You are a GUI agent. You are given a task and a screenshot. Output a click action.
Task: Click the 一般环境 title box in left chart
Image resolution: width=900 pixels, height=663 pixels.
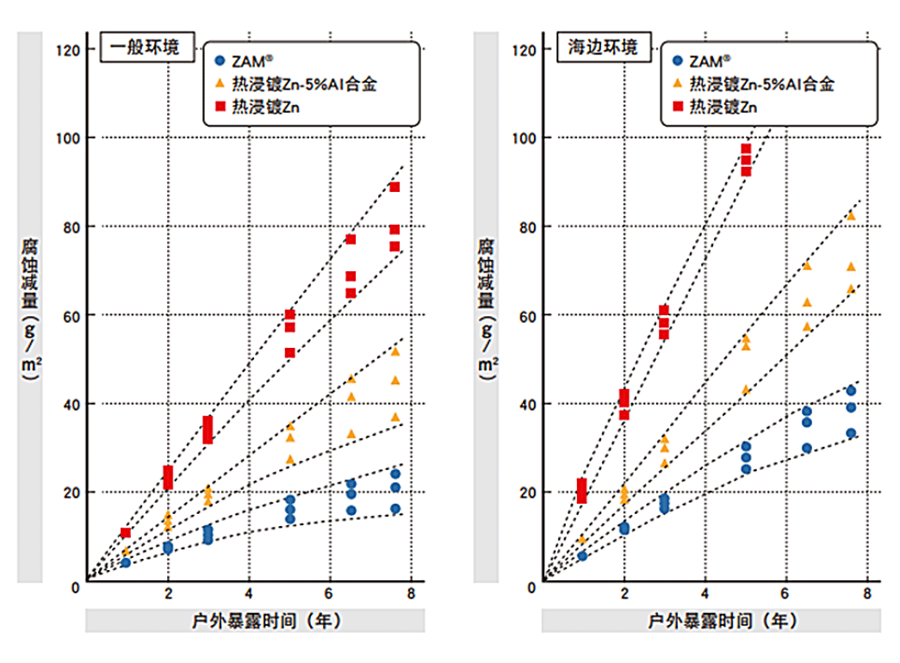[146, 47]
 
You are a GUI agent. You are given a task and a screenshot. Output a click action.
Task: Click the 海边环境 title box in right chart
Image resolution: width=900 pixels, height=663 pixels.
[602, 47]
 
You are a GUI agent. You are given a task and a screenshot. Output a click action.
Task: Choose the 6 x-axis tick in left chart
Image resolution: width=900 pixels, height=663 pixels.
[329, 593]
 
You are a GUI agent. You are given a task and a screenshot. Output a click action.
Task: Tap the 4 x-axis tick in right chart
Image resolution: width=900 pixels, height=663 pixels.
[705, 593]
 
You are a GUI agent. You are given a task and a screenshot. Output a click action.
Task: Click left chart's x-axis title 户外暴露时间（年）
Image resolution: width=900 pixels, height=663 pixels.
[255, 620]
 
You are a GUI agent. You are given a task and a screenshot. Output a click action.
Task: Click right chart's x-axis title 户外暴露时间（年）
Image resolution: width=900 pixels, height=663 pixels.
[711, 620]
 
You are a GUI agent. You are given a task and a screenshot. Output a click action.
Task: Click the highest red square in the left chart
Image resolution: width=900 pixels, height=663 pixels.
[394, 187]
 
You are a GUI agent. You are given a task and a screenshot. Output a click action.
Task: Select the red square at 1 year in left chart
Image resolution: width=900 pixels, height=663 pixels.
[126, 533]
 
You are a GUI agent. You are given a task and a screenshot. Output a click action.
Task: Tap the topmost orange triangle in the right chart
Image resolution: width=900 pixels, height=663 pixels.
[851, 215]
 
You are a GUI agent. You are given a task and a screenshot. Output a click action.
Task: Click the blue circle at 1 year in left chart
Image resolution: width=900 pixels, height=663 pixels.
[126, 562]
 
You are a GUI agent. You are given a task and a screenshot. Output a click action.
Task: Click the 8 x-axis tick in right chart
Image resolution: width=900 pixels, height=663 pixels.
[866, 593]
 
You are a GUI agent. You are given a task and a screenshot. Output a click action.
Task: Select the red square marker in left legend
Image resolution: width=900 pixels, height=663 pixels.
[219, 106]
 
